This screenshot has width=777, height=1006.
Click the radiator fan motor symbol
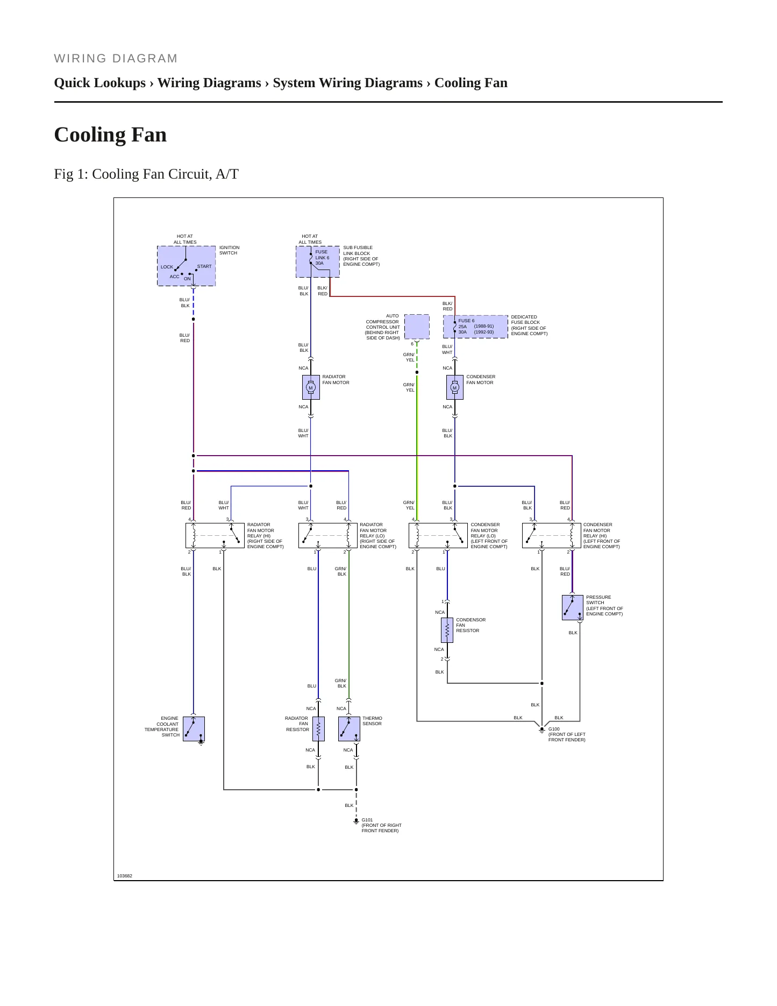tap(311, 387)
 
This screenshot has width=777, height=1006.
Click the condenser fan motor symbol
tap(455, 387)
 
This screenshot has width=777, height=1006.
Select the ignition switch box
tap(186, 266)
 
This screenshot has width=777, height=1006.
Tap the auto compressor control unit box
tap(417, 327)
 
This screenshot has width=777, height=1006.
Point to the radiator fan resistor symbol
tap(318, 729)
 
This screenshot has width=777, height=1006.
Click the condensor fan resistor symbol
tap(447, 630)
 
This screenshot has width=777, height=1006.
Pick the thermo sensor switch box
tap(349, 729)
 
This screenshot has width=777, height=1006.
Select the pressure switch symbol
tap(573, 607)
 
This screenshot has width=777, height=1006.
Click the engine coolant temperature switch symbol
tap(194, 729)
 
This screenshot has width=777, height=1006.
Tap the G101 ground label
tap(367, 820)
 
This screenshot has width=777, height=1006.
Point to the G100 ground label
tap(554, 729)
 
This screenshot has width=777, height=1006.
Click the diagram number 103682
tap(125, 876)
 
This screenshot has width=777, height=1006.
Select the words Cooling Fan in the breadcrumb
tap(471, 83)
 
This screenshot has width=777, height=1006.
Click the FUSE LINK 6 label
tap(322, 255)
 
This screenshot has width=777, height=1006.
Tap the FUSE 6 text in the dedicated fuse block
tap(466, 321)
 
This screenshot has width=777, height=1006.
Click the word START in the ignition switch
tap(204, 266)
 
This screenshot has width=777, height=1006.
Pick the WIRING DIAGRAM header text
tap(116, 59)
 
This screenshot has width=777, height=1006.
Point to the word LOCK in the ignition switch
tap(167, 267)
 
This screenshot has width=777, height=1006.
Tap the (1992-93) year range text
tap(484, 332)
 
